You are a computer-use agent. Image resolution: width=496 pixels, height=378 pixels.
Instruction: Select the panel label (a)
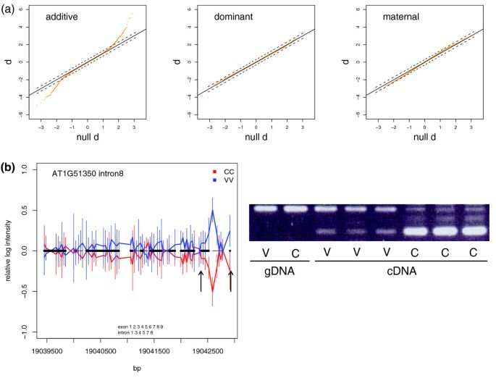9,7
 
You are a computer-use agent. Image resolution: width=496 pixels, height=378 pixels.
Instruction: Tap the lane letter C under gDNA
296,253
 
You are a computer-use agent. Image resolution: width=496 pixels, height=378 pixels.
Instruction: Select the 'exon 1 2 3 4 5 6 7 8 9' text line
140,327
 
